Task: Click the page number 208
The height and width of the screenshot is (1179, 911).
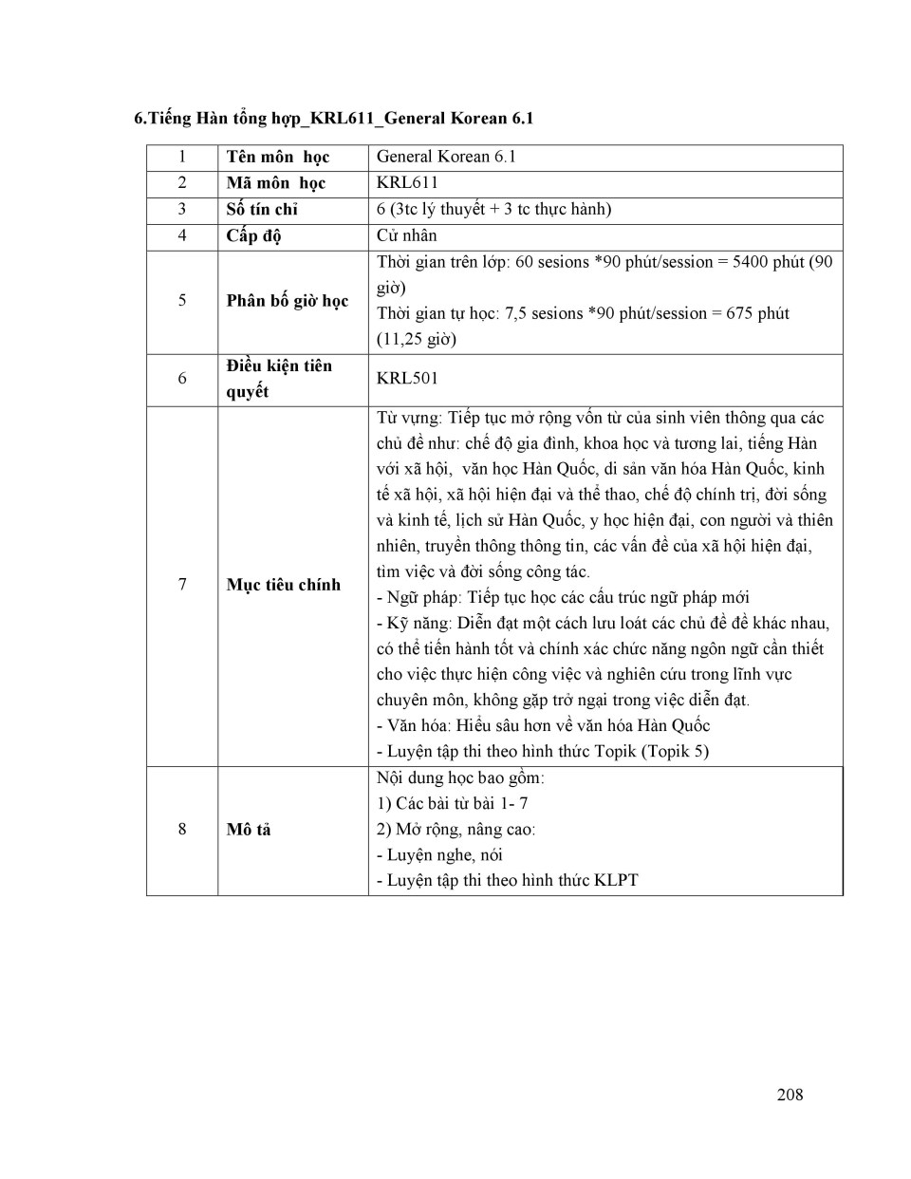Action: (x=790, y=1095)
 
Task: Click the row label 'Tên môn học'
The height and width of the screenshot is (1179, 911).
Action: (x=277, y=157)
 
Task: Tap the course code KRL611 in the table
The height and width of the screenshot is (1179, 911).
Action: (x=407, y=182)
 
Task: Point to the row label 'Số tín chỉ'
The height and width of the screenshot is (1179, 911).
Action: (x=262, y=209)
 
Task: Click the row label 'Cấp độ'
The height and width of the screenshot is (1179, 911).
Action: (x=253, y=235)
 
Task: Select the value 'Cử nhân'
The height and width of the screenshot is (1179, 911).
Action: (x=406, y=235)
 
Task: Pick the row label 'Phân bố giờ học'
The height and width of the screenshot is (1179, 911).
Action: (x=287, y=301)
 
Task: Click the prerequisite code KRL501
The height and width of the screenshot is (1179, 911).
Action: (x=407, y=378)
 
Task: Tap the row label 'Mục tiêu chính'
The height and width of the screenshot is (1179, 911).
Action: (x=283, y=585)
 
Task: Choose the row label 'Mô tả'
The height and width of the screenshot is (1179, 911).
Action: (x=249, y=830)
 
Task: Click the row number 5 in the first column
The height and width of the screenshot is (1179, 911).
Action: (x=182, y=301)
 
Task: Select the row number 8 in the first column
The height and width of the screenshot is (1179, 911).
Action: (x=182, y=830)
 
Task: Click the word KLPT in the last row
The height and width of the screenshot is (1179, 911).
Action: (x=616, y=880)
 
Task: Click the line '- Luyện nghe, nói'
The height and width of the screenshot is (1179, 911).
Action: (x=439, y=854)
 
